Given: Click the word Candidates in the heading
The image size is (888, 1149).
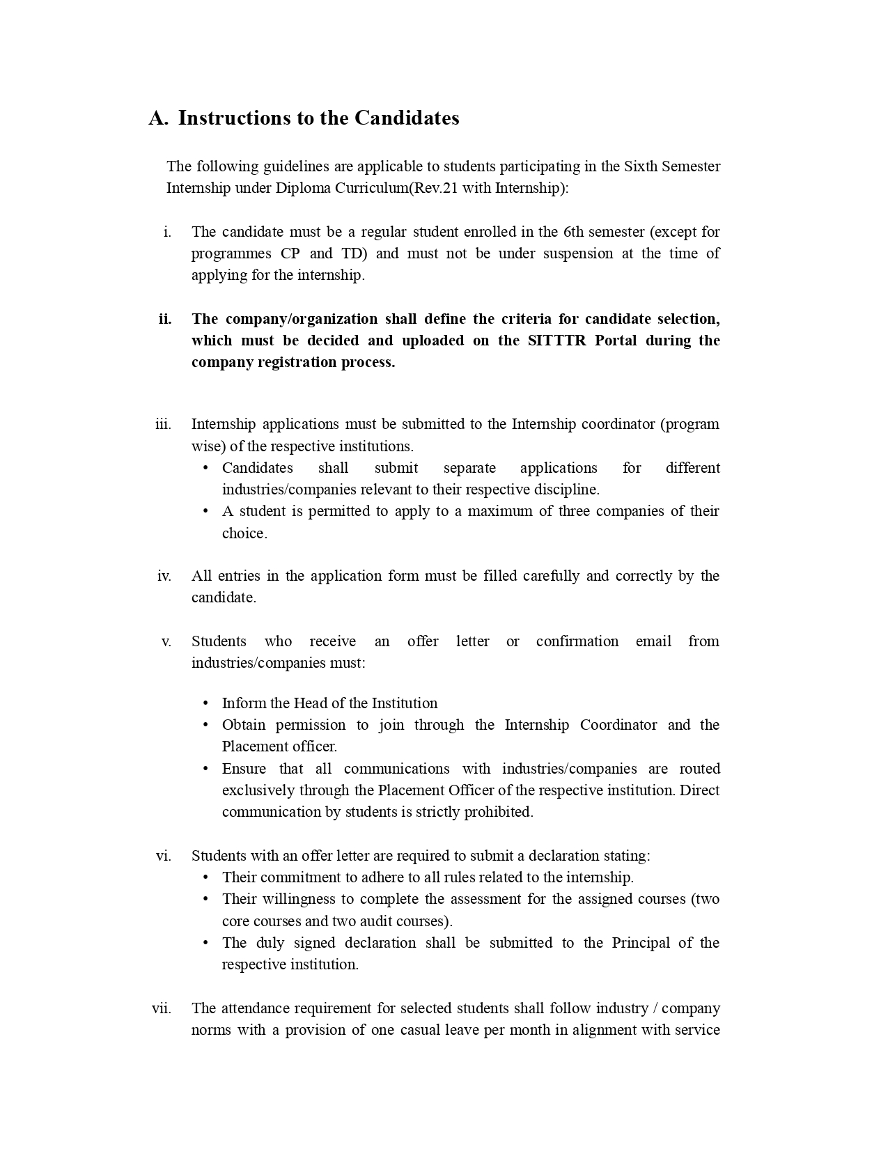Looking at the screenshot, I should (407, 118).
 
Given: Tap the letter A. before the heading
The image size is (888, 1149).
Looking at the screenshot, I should (158, 118).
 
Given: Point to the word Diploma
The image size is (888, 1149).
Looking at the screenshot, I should (303, 188).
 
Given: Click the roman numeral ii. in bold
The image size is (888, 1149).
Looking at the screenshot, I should (165, 319).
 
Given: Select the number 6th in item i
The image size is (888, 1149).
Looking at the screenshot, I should (574, 232).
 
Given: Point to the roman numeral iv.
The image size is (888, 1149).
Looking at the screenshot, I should (164, 576).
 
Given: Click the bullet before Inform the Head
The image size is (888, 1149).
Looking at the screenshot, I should (205, 703).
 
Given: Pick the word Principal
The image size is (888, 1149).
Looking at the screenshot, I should (640, 943).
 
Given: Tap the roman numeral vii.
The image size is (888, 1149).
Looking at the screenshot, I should (162, 1008).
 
